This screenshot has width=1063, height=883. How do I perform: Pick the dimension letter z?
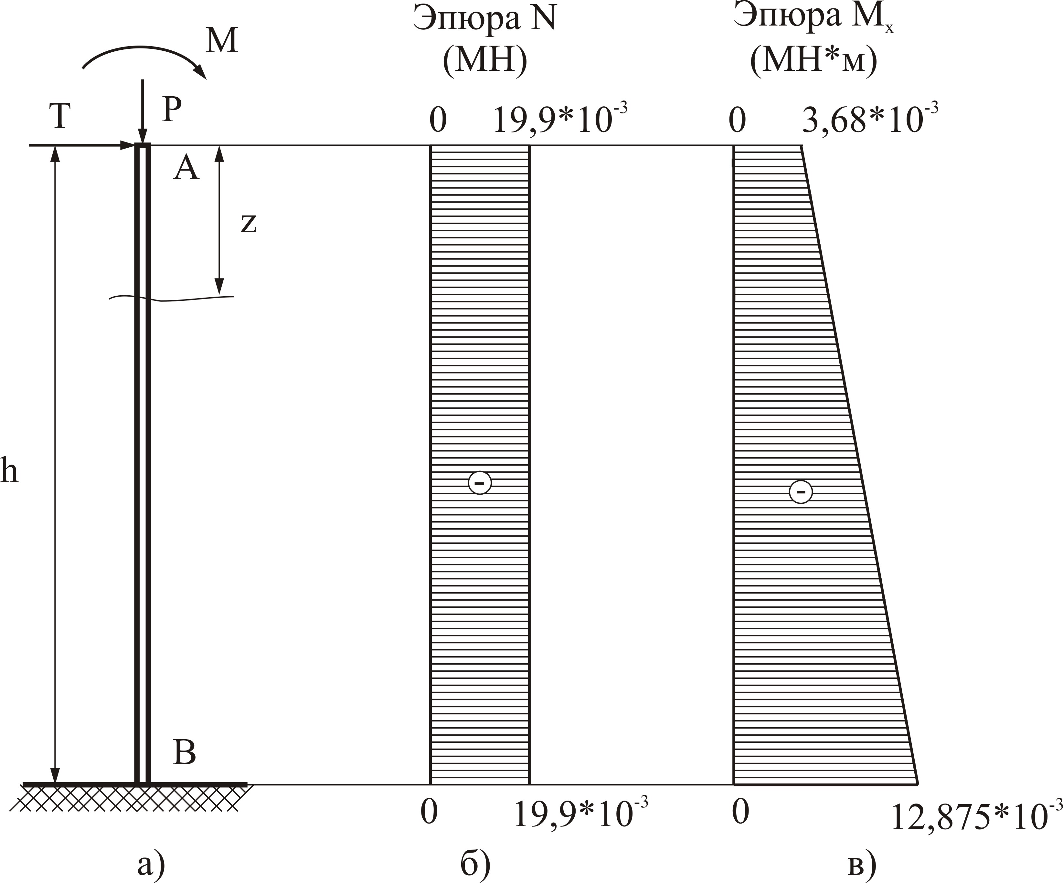pos(248,223)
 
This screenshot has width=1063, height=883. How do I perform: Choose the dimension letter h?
pos(9,470)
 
